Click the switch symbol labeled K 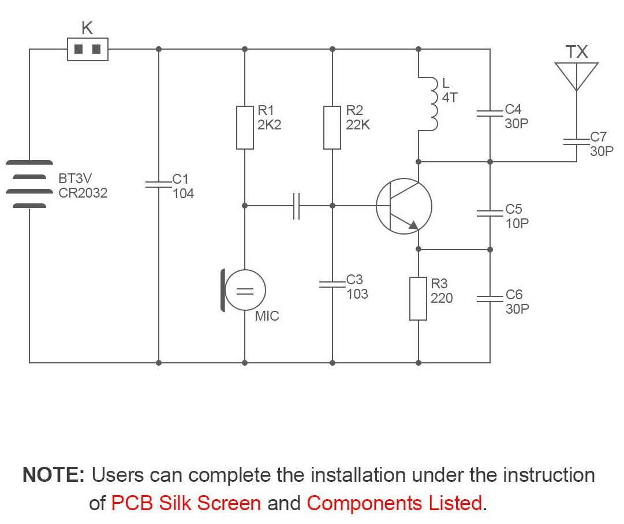88,49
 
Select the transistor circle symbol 403,206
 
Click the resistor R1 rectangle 245,128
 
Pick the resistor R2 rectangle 332,128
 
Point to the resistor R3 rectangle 418,299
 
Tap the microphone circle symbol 244,291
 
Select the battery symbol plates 29,184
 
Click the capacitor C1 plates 158,184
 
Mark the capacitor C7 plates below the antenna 576,142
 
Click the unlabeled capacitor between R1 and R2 296,206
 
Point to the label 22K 358,125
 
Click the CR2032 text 83,193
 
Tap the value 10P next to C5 517,224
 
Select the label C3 354,280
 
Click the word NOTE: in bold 54,475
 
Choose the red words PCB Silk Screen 186,503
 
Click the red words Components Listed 394,503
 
